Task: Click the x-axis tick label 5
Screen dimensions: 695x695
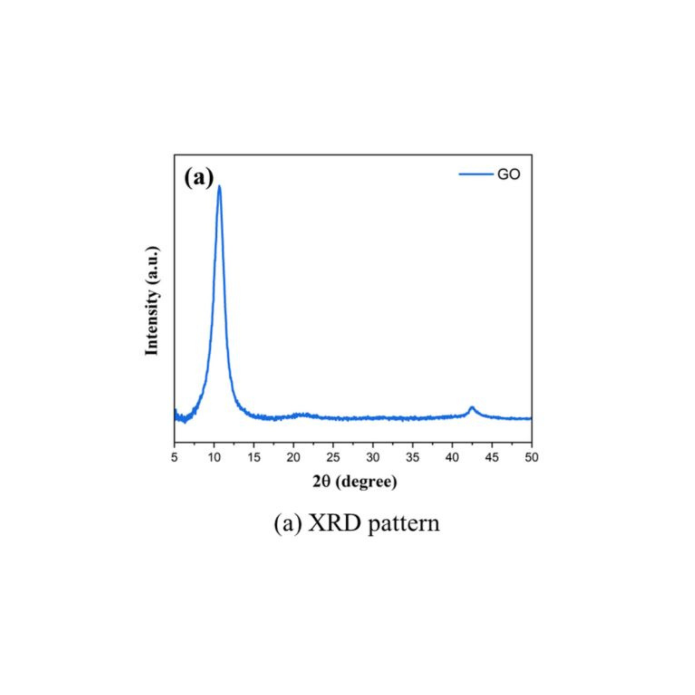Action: click(x=175, y=457)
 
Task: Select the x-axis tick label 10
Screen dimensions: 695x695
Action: click(x=214, y=457)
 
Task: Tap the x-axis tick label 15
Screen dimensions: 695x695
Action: click(x=254, y=457)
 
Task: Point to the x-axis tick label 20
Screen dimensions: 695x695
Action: click(x=294, y=457)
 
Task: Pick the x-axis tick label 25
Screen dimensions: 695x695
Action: click(x=333, y=457)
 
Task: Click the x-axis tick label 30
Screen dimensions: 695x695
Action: click(x=373, y=457)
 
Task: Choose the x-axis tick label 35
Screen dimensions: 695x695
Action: click(x=413, y=457)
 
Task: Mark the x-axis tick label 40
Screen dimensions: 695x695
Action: click(x=452, y=457)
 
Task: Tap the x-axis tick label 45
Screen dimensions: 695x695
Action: click(x=492, y=457)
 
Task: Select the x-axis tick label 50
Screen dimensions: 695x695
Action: click(x=531, y=457)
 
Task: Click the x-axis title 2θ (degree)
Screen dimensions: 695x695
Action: click(x=355, y=482)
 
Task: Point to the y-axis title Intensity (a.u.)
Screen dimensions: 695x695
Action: click(x=152, y=301)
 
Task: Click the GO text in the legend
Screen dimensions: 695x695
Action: click(x=509, y=175)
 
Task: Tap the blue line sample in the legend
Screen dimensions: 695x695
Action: click(x=476, y=175)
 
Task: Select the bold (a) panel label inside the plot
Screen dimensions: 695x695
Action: click(x=198, y=178)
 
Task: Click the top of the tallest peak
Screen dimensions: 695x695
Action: click(x=219, y=186)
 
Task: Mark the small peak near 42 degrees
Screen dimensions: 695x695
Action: click(x=472, y=408)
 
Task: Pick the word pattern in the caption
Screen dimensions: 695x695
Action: click(x=404, y=524)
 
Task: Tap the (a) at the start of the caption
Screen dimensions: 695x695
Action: click(x=288, y=524)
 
